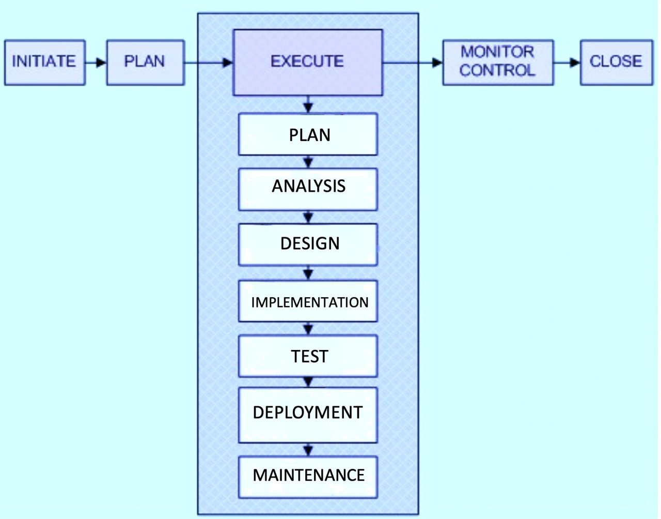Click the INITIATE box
tap(45, 63)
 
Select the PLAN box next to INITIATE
tap(146, 63)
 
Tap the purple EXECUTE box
tap(308, 63)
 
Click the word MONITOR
tap(497, 52)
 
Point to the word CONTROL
tap(497, 70)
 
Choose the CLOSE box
tap(617, 63)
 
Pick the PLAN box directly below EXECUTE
tap(308, 134)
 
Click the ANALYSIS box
tap(308, 189)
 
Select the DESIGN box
tap(308, 245)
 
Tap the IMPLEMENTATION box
tap(308, 301)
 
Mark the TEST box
tap(308, 356)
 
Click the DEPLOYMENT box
tap(308, 415)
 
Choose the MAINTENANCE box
tap(308, 477)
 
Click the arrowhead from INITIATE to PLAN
tap(101, 63)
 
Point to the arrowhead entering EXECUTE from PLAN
tap(228, 63)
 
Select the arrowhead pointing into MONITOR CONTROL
tap(437, 63)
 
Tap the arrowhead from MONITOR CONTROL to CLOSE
tap(575, 63)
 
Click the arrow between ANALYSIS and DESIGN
tap(308, 217)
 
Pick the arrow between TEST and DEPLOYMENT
tap(308, 383)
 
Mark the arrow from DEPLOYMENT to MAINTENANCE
tap(308, 450)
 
